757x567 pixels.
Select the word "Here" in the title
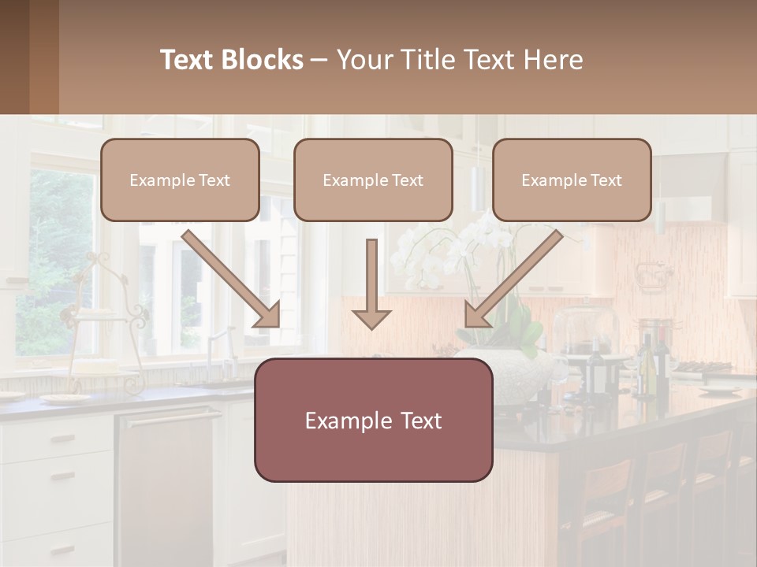554,60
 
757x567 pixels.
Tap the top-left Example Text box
180,180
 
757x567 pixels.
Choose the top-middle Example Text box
373,180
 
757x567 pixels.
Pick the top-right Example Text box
572,180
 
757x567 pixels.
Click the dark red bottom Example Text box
373,421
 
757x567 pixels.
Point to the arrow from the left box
231,278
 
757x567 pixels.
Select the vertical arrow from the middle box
371,285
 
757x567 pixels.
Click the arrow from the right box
513,278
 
